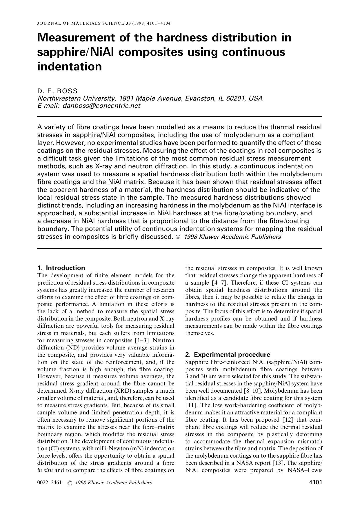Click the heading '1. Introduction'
click(x=61, y=268)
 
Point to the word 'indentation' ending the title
click(x=70, y=66)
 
